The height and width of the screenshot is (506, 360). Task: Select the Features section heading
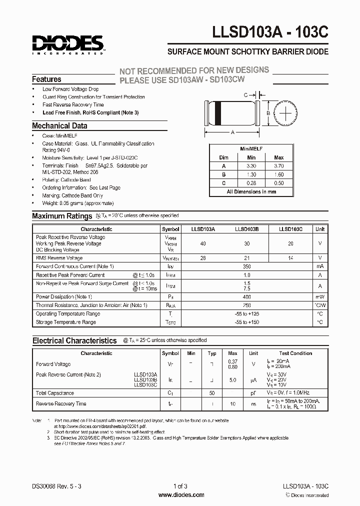pyautogui.click(x=46, y=79)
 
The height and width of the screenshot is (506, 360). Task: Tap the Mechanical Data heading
pyautogui.click(x=59, y=126)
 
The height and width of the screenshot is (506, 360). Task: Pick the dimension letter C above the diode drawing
pyautogui.click(x=245, y=94)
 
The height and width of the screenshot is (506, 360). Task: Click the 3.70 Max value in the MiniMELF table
pyautogui.click(x=278, y=165)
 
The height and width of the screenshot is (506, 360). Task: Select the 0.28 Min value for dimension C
pyautogui.click(x=251, y=182)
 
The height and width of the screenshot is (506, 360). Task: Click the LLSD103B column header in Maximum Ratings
pyautogui.click(x=246, y=229)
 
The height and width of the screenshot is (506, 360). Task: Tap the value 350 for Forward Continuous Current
pyautogui.click(x=246, y=266)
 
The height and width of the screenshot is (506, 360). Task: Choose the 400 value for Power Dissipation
pyautogui.click(x=246, y=296)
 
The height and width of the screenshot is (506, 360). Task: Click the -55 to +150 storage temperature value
pyautogui.click(x=246, y=322)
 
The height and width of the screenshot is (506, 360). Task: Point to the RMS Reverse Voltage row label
pyautogui.click(x=59, y=258)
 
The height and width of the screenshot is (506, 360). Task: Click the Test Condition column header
pyautogui.click(x=295, y=353)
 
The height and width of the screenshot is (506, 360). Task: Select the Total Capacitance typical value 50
pyautogui.click(x=212, y=393)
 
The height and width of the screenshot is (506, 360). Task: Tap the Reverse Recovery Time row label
pyautogui.click(x=61, y=403)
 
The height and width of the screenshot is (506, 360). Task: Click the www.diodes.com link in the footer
pyautogui.click(x=181, y=495)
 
